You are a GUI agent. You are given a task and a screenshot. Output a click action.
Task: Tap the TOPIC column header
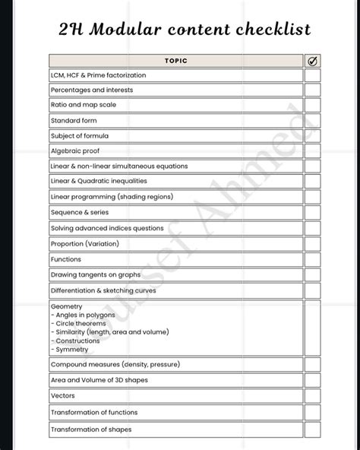pyautogui.click(x=175, y=61)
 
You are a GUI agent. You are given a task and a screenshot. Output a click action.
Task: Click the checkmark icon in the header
pyautogui.click(x=313, y=61)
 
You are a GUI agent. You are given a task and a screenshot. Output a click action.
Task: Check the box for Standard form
pyautogui.click(x=313, y=120)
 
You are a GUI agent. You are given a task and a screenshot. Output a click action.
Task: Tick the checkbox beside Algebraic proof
pyautogui.click(x=313, y=151)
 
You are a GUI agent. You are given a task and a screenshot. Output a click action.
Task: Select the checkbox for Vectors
pyautogui.click(x=313, y=396)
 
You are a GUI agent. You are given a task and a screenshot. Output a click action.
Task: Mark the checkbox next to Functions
pyautogui.click(x=313, y=259)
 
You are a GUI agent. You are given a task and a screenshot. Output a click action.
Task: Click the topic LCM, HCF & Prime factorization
pyautogui.click(x=98, y=75)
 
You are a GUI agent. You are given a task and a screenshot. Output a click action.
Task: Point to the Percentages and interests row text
pyautogui.click(x=90, y=90)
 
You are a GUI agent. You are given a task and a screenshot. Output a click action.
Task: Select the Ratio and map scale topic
pyautogui.click(x=84, y=105)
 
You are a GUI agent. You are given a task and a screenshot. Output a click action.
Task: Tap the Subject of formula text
pyautogui.click(x=79, y=135)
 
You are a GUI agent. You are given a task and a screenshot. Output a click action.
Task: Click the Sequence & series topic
pyautogui.click(x=80, y=213)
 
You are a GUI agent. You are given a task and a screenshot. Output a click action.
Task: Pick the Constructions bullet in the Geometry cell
pyautogui.click(x=78, y=341)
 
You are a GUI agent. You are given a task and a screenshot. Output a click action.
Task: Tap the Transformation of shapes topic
pyautogui.click(x=90, y=429)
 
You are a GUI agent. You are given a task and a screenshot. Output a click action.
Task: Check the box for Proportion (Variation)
pyautogui.click(x=313, y=244)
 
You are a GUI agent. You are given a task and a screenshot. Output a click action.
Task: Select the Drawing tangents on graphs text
pyautogui.click(x=96, y=274)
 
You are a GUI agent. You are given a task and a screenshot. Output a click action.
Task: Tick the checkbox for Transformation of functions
pyautogui.click(x=313, y=413)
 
